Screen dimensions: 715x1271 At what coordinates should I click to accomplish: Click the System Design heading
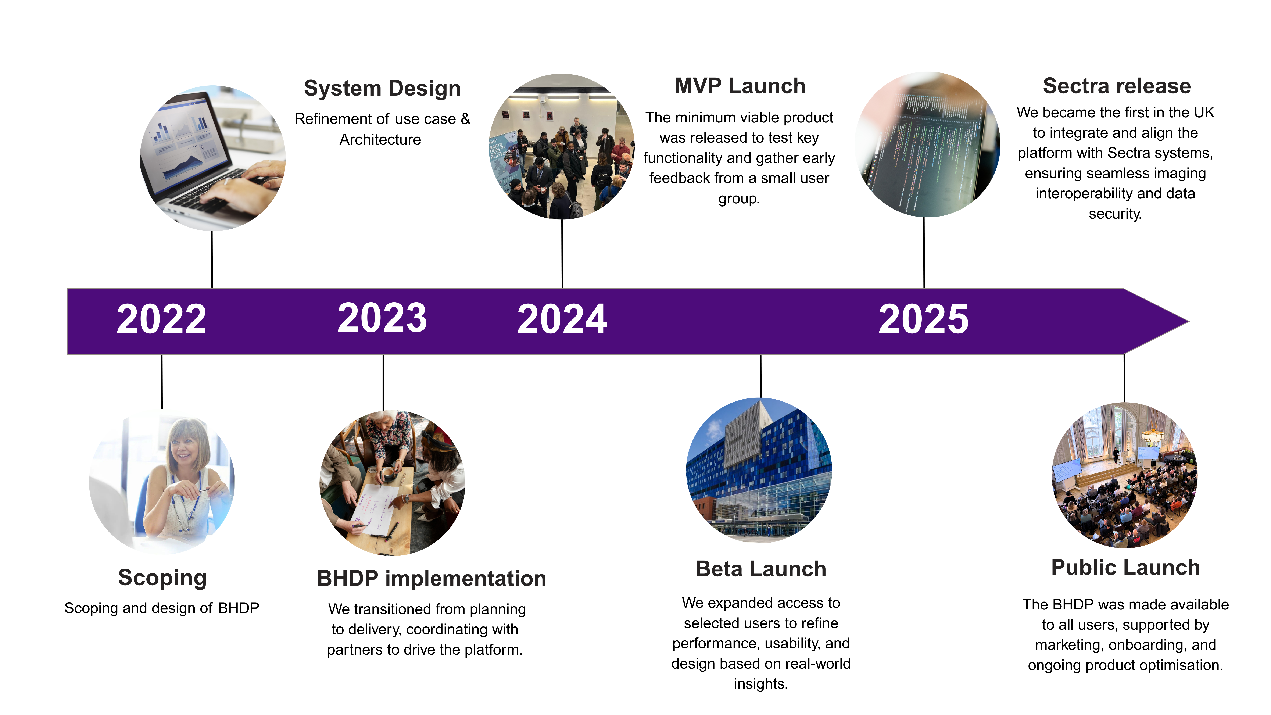pos(382,88)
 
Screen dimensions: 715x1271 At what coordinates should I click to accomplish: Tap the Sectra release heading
pos(1117,86)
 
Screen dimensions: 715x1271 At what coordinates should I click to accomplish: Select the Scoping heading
pos(162,577)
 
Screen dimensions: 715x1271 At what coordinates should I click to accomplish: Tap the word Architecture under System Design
pos(380,140)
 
